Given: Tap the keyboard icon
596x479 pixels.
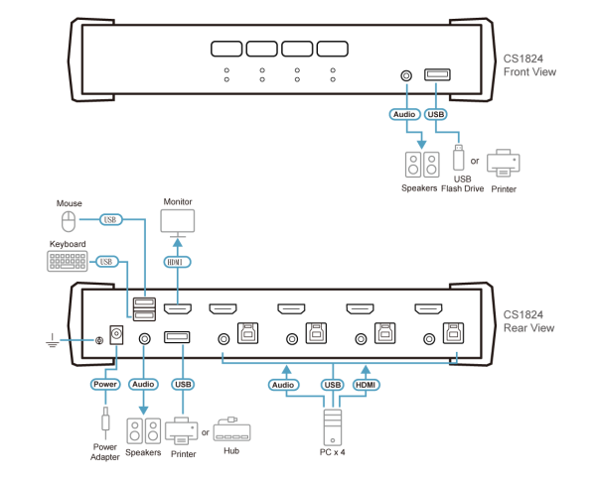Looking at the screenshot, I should click(x=67, y=261).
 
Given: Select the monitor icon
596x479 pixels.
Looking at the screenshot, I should click(x=179, y=221).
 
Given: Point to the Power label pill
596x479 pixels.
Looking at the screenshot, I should click(x=106, y=383).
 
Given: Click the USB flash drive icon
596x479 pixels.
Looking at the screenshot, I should click(x=458, y=158).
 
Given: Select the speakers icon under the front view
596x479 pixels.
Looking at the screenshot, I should click(x=420, y=163).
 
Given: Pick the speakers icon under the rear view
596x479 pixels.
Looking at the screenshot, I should click(x=143, y=429).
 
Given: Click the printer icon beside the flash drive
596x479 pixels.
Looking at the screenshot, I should click(x=504, y=162).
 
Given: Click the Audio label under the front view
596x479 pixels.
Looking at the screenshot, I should click(x=405, y=115).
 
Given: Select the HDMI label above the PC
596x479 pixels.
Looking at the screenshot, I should click(x=366, y=383).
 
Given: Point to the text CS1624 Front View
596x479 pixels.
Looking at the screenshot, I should click(x=529, y=65).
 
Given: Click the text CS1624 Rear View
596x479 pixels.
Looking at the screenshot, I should click(x=528, y=320).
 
